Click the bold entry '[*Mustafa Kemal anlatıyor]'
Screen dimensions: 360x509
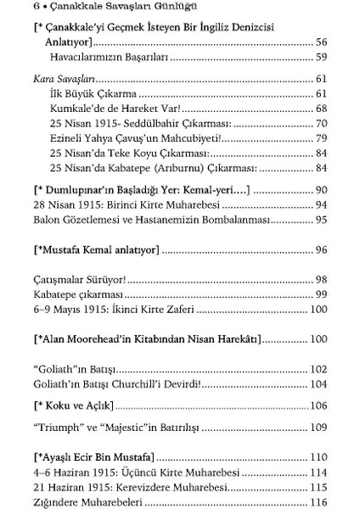click(93, 250)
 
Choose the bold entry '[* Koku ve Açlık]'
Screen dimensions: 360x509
click(65, 406)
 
